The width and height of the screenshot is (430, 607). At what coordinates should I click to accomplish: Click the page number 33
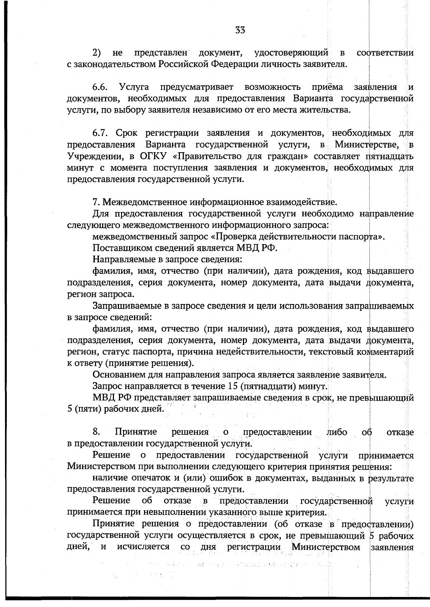(x=240, y=30)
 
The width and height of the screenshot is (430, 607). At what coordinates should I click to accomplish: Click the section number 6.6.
(x=100, y=87)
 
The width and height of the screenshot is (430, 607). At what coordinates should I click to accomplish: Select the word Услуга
(x=134, y=87)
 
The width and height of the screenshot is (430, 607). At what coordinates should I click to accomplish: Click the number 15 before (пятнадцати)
(x=232, y=386)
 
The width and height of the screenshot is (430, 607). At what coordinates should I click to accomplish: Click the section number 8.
(x=96, y=432)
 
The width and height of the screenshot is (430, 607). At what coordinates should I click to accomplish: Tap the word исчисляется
(x=143, y=547)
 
